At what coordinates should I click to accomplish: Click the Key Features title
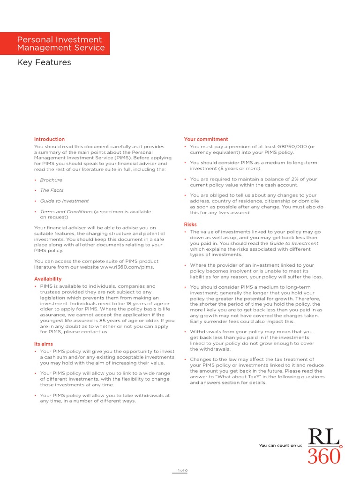coord(44,62)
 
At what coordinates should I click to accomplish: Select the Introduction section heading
coord(49,139)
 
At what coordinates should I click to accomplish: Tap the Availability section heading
coord(48,279)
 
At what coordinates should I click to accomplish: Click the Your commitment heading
coord(206,139)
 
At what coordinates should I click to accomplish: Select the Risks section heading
coord(190,225)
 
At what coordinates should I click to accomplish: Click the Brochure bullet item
coord(51,180)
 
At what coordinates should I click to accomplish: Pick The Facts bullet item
coord(52,190)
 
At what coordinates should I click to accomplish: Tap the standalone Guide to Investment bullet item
coord(64,201)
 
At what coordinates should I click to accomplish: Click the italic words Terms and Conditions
coord(66,211)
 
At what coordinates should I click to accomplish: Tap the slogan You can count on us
coord(280,445)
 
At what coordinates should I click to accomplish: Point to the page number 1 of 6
coord(182,470)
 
